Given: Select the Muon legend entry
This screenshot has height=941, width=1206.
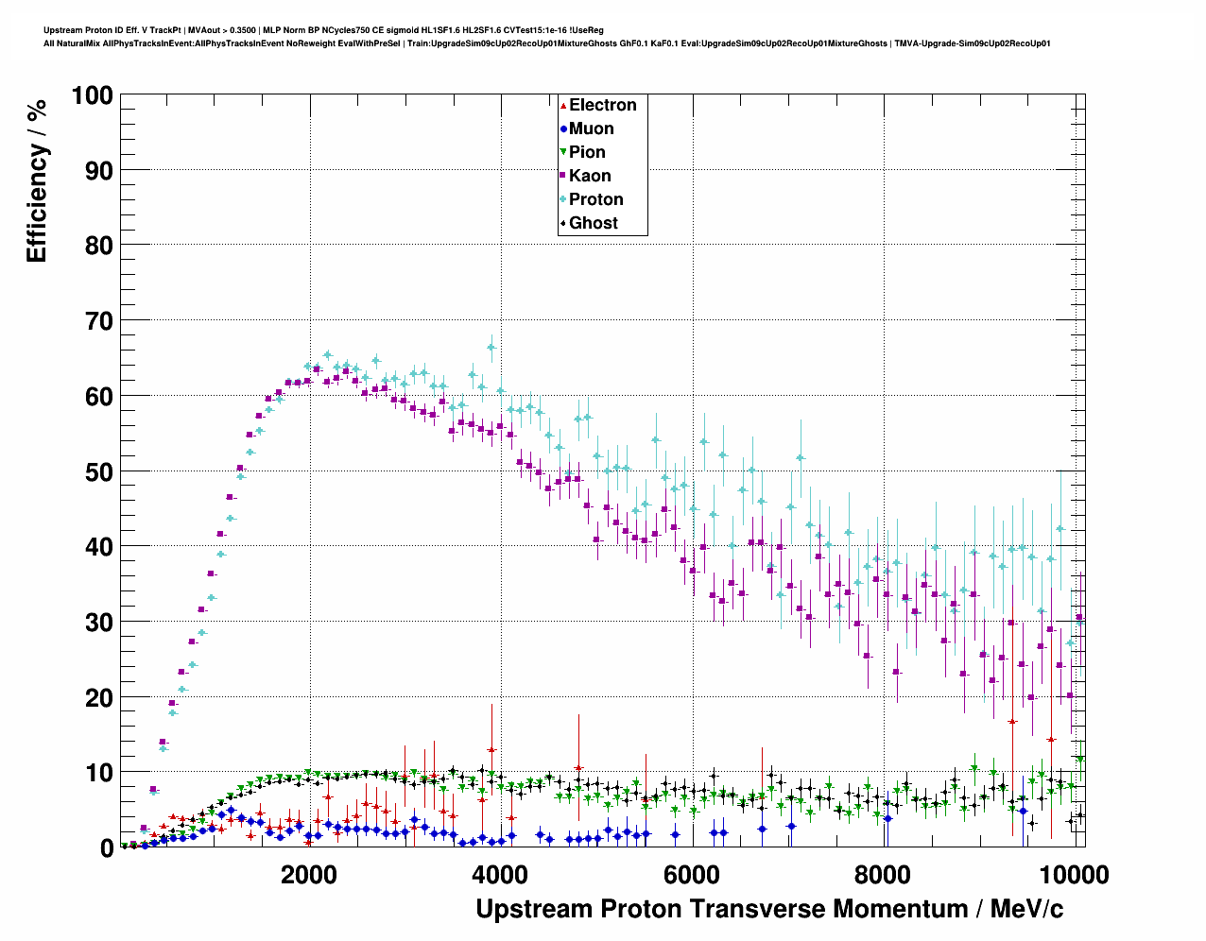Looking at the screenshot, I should [x=591, y=128].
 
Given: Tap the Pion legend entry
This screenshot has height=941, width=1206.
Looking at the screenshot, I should [x=587, y=152].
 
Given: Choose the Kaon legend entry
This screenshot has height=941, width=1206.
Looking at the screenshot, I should [x=590, y=176].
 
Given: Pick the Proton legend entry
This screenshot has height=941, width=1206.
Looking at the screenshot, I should [x=595, y=199].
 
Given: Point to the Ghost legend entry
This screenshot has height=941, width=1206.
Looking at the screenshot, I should [x=593, y=223].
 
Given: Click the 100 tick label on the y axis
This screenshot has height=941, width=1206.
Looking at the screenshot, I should [x=92, y=95].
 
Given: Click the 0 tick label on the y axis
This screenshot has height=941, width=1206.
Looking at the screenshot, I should [x=107, y=848].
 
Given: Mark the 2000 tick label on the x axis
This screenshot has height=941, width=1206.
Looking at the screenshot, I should [x=310, y=874].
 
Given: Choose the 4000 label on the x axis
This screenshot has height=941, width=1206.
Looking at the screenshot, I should [x=501, y=874].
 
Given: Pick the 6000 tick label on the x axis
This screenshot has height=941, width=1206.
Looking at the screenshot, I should [x=692, y=874].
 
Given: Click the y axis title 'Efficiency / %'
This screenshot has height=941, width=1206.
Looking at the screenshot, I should [x=36, y=180].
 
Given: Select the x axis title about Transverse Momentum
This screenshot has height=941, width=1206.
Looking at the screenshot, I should [x=769, y=909].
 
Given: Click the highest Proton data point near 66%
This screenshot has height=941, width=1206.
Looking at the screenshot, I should [x=491, y=347].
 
